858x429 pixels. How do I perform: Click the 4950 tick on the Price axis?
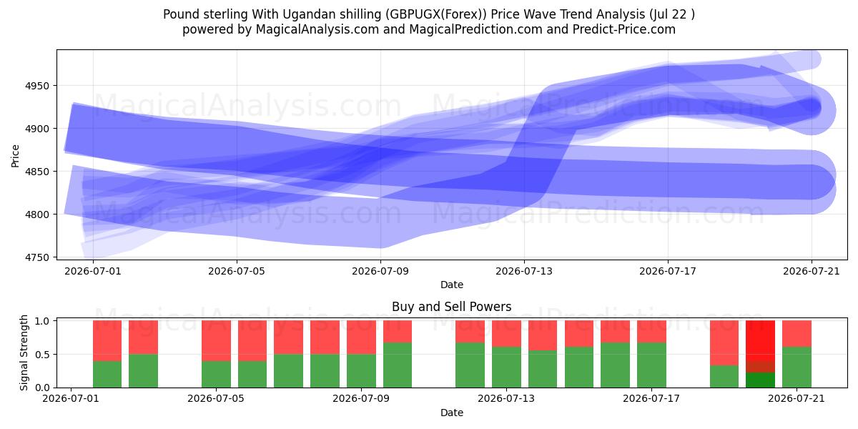pyautogui.click(x=37, y=86)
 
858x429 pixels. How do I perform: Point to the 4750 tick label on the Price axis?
pyautogui.click(x=37, y=257)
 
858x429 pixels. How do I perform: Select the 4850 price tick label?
pyautogui.click(x=37, y=172)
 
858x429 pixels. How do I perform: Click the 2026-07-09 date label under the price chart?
pyautogui.click(x=380, y=271)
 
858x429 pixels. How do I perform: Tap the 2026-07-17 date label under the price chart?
pyautogui.click(x=668, y=271)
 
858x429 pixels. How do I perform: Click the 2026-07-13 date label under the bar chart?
pyautogui.click(x=506, y=398)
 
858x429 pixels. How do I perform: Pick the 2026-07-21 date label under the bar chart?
pyautogui.click(x=797, y=398)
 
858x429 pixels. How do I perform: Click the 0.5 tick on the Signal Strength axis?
pyautogui.click(x=42, y=355)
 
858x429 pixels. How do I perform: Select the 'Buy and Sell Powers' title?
pyautogui.click(x=452, y=307)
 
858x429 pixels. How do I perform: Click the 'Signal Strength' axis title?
pyautogui.click(x=24, y=352)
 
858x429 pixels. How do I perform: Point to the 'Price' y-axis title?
pyautogui.click(x=15, y=156)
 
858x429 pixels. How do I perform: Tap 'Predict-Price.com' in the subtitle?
pyautogui.click(x=624, y=29)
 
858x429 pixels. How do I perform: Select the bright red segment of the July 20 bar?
pyautogui.click(x=760, y=341)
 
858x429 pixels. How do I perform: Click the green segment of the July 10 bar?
pyautogui.click(x=398, y=365)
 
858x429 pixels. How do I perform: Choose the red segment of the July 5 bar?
pyautogui.click(x=217, y=341)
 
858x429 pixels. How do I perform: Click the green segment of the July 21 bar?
pyautogui.click(x=797, y=368)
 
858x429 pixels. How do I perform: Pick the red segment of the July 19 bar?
pyautogui.click(x=724, y=342)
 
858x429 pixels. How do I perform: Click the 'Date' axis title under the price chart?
pyautogui.click(x=452, y=285)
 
